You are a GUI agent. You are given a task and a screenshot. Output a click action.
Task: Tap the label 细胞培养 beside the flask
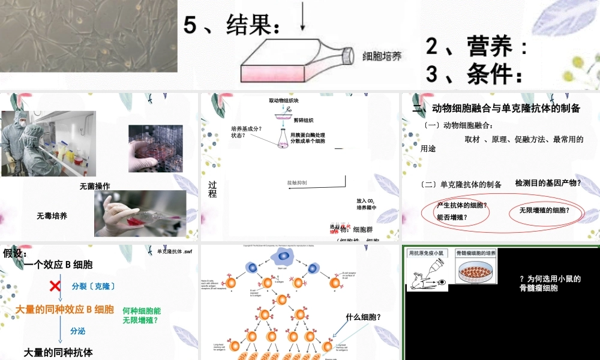point(382,56)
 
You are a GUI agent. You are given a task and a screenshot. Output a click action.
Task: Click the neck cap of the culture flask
point(347,55)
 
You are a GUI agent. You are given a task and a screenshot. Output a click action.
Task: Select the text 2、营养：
point(477,46)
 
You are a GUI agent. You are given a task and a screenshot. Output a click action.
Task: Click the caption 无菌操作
point(95,187)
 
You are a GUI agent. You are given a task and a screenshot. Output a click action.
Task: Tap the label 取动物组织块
point(288,101)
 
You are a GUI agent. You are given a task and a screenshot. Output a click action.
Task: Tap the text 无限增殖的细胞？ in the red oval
point(544,211)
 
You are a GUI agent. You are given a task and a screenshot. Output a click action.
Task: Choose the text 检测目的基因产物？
point(548,183)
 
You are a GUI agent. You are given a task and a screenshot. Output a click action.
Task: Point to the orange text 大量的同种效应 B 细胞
point(64,310)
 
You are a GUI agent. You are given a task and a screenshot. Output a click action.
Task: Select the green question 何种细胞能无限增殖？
point(142,316)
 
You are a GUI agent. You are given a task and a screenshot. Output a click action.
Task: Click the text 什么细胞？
point(364,317)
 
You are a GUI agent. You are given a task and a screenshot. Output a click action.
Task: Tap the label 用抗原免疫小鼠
point(429,254)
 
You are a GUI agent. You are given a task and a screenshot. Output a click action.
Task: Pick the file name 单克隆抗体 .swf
point(173,251)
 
